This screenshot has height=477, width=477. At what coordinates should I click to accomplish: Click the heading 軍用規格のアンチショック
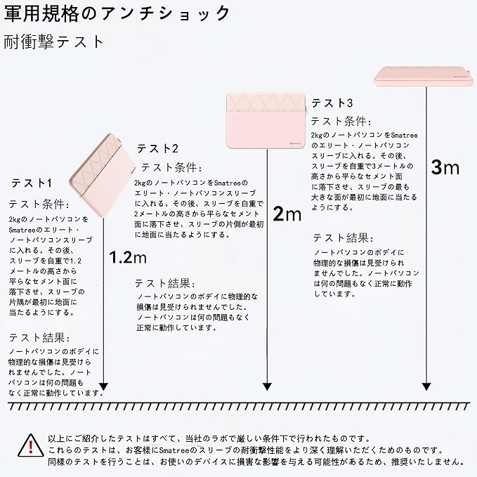[117, 13]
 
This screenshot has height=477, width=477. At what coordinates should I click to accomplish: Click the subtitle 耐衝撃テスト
[54, 41]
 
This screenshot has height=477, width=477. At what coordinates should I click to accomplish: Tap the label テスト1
[32, 183]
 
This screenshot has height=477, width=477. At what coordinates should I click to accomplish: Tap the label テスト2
[157, 148]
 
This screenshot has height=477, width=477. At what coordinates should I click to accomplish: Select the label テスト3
[332, 103]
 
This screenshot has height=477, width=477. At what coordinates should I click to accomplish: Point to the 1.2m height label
[128, 257]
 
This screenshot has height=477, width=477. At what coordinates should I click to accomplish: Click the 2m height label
[287, 214]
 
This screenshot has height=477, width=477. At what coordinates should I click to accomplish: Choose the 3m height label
[445, 167]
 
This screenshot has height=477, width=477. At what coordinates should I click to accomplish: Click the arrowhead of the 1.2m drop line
[104, 386]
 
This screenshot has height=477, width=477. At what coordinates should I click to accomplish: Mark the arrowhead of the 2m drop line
[267, 386]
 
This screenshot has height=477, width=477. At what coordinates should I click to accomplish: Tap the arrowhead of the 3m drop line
[426, 386]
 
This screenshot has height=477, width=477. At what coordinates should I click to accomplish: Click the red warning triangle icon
[31, 445]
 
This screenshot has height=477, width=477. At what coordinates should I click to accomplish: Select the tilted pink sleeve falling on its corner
[103, 176]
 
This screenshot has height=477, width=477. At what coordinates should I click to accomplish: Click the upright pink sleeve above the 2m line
[266, 121]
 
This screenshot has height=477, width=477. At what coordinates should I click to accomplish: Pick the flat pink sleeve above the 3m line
[424, 76]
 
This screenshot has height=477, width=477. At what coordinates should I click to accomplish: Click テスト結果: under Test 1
[39, 338]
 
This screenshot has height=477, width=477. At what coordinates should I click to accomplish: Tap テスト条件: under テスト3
[341, 122]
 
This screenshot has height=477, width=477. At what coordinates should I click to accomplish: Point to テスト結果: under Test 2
[165, 283]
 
